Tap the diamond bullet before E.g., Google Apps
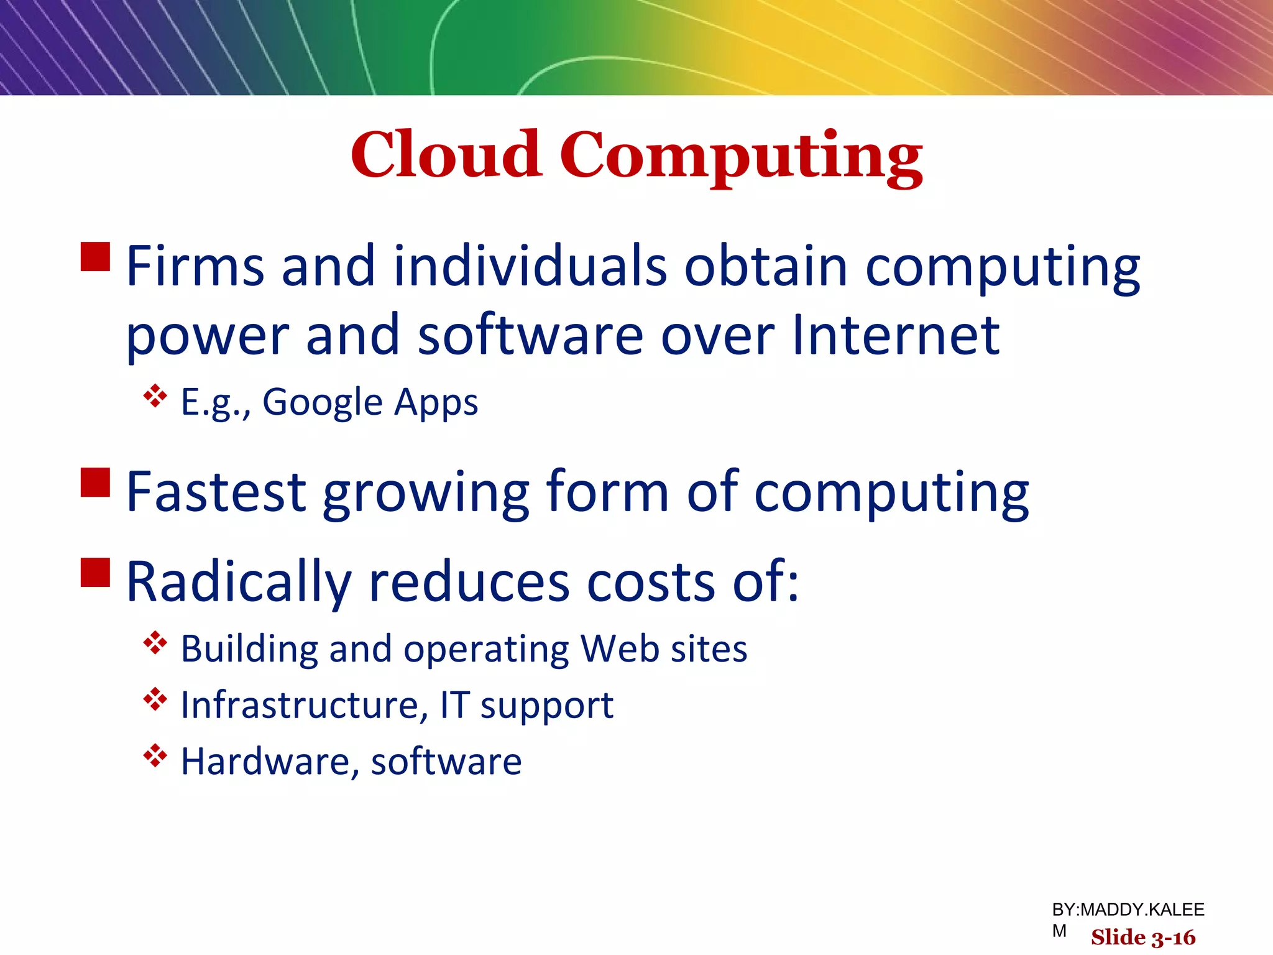pyautogui.click(x=155, y=396)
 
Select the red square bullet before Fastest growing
pyautogui.click(x=96, y=482)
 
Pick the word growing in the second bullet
pyautogui.click(x=426, y=494)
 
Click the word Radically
pyautogui.click(x=239, y=583)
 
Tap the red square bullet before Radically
pyautogui.click(x=96, y=572)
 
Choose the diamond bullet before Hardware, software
pyautogui.click(x=155, y=755)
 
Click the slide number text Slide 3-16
pyautogui.click(x=1142, y=937)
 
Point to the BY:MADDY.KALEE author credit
pyautogui.click(x=1128, y=910)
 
